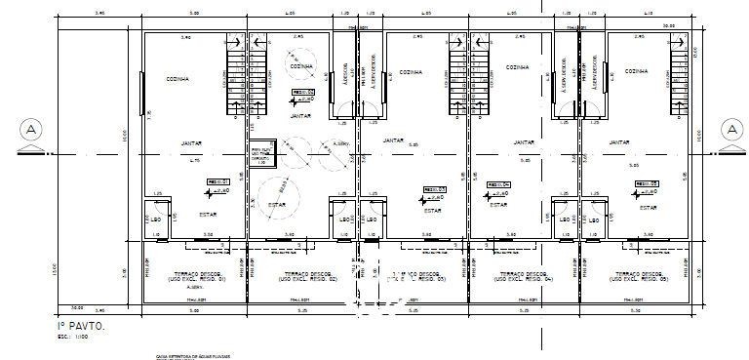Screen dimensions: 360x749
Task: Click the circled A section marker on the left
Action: click(31, 130)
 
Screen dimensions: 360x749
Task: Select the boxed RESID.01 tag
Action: click(217, 181)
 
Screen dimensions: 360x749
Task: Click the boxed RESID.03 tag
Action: click(434, 189)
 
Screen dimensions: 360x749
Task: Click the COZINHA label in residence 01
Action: click(177, 79)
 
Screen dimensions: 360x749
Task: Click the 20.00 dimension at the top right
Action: click(668, 26)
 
